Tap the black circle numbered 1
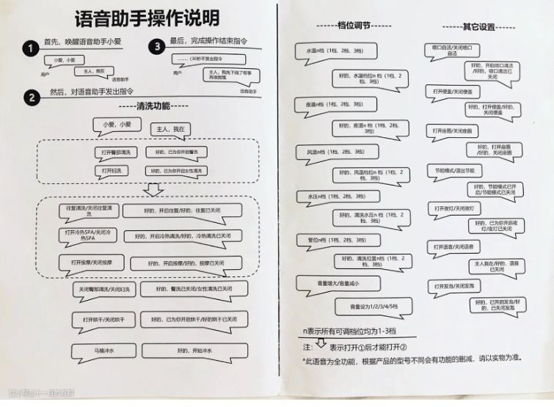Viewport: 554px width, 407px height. point(30,48)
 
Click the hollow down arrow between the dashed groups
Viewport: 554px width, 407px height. point(153,189)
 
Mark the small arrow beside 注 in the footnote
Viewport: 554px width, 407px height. point(321,343)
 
